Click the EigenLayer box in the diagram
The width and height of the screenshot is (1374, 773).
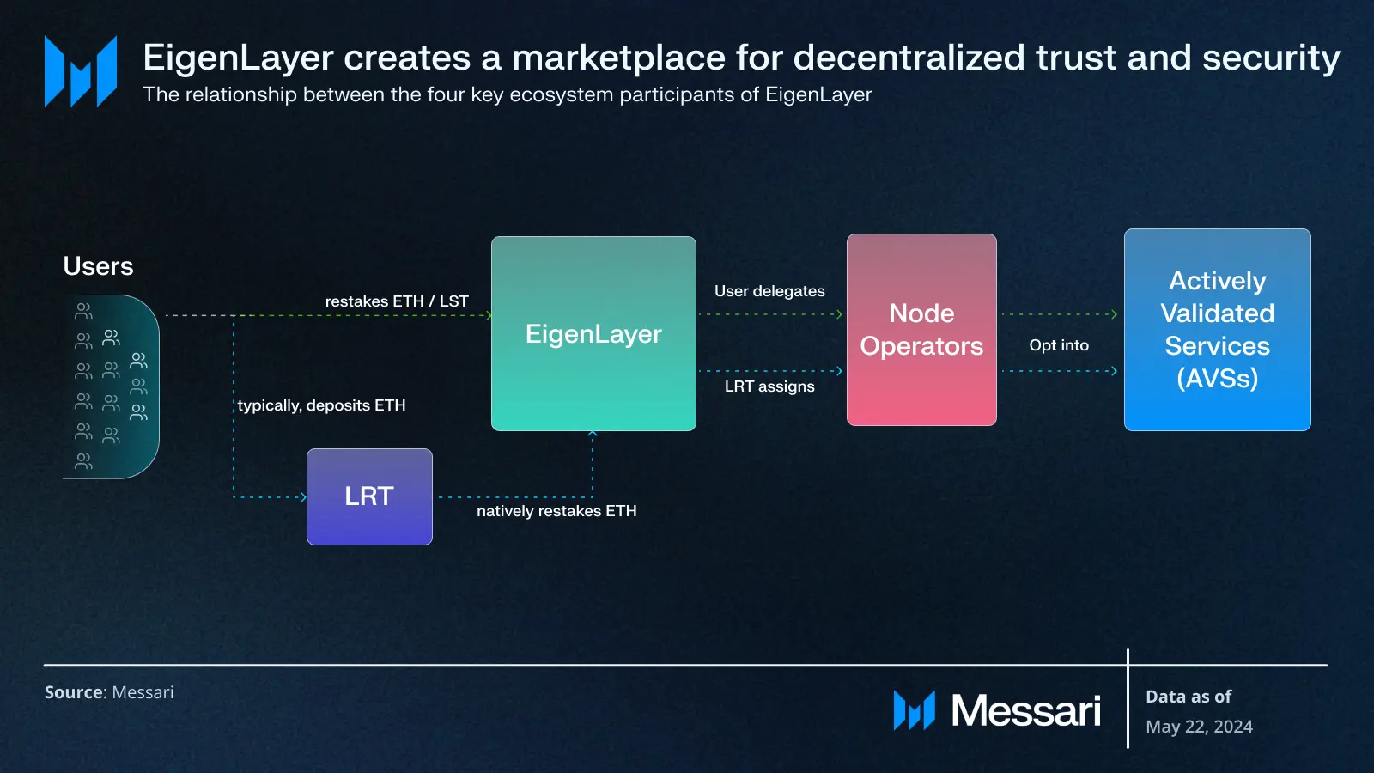(593, 333)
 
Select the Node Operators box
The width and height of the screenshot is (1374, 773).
(921, 330)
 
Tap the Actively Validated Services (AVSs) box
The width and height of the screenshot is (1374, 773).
(1217, 330)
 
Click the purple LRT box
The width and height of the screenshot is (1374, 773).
(369, 496)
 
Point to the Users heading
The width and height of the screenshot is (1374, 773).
(98, 266)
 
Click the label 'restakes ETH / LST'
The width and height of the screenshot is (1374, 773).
(397, 301)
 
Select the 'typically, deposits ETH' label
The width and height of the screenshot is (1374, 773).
(321, 405)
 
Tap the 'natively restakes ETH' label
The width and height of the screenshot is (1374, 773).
(556, 511)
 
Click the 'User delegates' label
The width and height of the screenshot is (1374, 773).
(769, 291)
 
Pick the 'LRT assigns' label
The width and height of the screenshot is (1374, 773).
(769, 386)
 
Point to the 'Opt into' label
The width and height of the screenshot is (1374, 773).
(1059, 345)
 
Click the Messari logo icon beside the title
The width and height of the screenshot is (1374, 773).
(81, 71)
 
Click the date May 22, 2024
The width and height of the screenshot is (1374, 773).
(1199, 727)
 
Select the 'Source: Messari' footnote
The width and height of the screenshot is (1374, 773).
(109, 692)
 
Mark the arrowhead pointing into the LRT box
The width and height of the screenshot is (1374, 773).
(304, 497)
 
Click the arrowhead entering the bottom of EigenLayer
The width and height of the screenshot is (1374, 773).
(593, 433)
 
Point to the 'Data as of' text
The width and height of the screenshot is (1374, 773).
(1189, 697)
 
